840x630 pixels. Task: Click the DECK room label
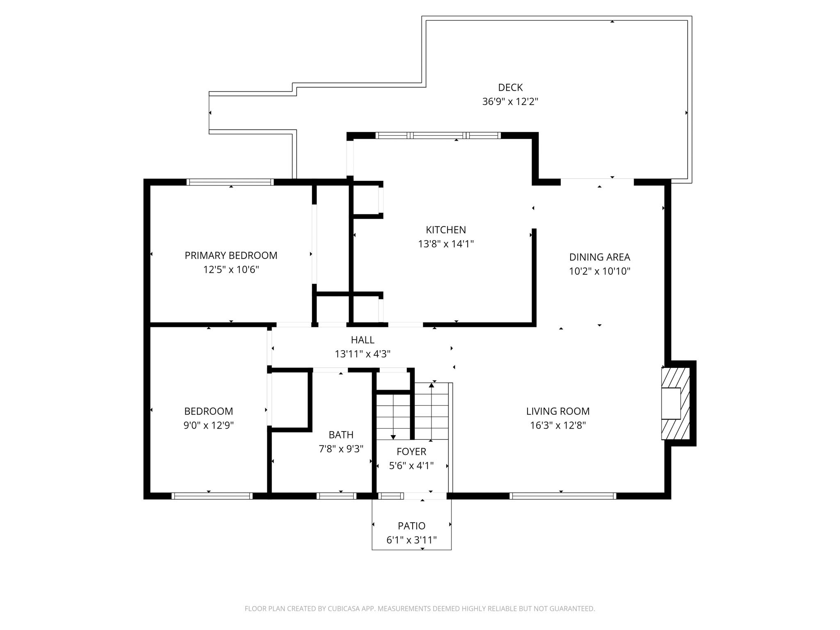[x=510, y=87]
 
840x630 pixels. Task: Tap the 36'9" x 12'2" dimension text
[x=510, y=101]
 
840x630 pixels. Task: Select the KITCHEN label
[x=446, y=230]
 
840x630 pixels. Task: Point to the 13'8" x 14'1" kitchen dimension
[x=446, y=244]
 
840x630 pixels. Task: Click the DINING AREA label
[x=599, y=257]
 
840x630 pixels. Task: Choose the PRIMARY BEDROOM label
[x=231, y=256]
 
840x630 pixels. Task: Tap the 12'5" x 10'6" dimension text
[x=231, y=269]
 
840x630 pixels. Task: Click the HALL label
[x=363, y=340]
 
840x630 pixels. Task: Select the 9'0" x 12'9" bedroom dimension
[x=208, y=425]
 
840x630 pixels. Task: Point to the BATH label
[x=341, y=435]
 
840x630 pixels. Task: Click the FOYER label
[x=411, y=452]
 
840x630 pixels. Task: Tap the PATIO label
[x=411, y=526]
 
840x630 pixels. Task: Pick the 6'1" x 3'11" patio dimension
[x=411, y=540]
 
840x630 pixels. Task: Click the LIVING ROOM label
[x=558, y=411]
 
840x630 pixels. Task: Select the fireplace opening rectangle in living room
[x=671, y=403]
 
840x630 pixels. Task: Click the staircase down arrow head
[x=393, y=437]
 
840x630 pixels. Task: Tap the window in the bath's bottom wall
[x=336, y=496]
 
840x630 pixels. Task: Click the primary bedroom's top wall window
[x=230, y=182]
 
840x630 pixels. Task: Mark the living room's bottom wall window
[x=562, y=496]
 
